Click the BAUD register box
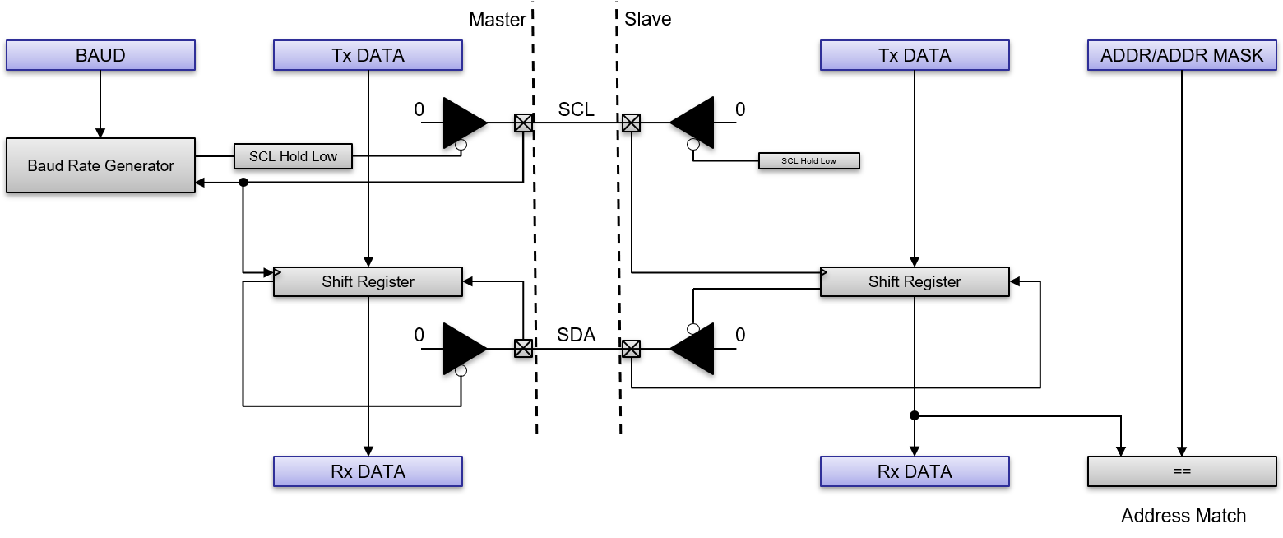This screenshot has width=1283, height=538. (x=100, y=55)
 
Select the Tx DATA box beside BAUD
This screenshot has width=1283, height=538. (x=368, y=55)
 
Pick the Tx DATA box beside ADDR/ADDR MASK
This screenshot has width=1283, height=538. (x=915, y=55)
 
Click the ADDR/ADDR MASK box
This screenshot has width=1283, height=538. (x=1182, y=55)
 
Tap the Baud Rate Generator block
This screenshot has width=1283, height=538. (x=100, y=165)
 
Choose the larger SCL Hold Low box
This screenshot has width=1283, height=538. (x=293, y=156)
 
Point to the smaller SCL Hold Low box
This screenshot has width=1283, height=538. (x=808, y=160)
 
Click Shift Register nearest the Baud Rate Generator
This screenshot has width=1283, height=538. (x=368, y=281)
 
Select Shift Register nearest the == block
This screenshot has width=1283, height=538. (x=915, y=281)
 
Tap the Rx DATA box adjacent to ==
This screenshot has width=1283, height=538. (x=915, y=471)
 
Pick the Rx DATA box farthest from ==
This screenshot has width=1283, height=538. (x=368, y=471)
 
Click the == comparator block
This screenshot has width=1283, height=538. (x=1182, y=471)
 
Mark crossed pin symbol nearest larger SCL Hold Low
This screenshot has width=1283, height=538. (x=523, y=123)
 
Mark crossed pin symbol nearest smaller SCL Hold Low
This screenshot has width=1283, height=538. (x=631, y=123)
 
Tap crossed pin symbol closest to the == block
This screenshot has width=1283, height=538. (x=631, y=349)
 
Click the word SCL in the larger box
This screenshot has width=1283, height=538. (x=262, y=156)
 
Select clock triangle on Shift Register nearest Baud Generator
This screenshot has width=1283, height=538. (x=278, y=272)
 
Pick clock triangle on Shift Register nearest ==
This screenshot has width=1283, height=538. (x=825, y=272)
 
